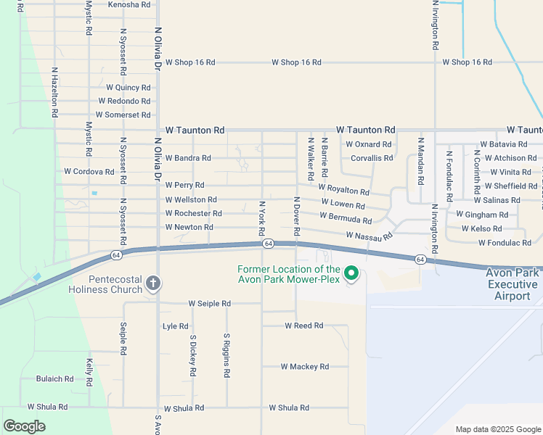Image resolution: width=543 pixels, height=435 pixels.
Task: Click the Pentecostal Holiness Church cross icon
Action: pos(152,283)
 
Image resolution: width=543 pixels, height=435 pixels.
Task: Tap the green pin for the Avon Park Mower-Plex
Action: pos(351,273)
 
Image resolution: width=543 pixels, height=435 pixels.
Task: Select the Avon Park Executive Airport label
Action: pos(513,284)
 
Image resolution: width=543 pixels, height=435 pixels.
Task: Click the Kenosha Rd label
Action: pos(128,4)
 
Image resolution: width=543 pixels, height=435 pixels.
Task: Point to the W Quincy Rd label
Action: pos(128,88)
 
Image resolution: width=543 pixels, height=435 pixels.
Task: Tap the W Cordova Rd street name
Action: pos(89,172)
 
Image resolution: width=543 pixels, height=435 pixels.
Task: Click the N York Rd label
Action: pos(261,217)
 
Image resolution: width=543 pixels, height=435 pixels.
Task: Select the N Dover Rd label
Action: pos(296,216)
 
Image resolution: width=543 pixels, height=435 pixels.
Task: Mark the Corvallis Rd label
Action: pos(371,157)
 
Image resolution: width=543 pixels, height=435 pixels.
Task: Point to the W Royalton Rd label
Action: pos(343,189)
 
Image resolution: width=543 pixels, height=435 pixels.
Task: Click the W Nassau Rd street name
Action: pos(369,236)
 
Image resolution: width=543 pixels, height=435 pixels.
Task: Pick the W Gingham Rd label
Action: pos(481,215)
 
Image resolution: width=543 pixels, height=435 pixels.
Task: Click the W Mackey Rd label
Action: pos(304,367)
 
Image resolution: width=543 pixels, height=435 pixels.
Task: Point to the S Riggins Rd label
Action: pos(226,355)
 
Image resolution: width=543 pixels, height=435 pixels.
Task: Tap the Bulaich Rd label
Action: pos(54,379)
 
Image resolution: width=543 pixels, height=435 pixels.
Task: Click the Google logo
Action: pos(25,426)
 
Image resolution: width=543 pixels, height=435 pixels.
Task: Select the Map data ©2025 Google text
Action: pos(497,429)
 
